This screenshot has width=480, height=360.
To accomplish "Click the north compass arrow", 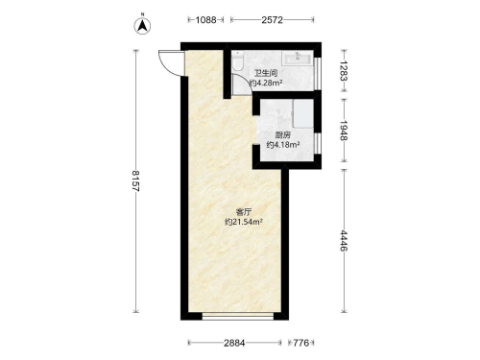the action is [x=142, y=26].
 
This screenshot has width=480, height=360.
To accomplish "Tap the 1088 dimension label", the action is [x=205, y=20].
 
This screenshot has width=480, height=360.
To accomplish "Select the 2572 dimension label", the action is [x=272, y=20].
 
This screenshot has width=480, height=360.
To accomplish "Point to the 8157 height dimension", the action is [x=135, y=180].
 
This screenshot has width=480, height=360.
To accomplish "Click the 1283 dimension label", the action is [x=344, y=71].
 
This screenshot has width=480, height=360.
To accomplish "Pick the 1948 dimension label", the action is [x=344, y=131].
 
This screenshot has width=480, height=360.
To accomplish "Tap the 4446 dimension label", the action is [x=344, y=241].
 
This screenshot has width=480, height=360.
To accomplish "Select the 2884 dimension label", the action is [x=234, y=343].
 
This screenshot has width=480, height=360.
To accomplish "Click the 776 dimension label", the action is [x=301, y=343].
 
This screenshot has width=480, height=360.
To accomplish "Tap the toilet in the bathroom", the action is [x=238, y=60].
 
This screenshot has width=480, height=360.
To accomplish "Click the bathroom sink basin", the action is [x=298, y=59].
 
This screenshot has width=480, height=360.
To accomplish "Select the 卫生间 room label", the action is [x=266, y=73].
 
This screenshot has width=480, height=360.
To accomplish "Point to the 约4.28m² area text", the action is [x=266, y=84].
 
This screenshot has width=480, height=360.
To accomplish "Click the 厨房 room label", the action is [x=283, y=135].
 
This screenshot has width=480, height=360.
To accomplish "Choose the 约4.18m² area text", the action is [x=283, y=145].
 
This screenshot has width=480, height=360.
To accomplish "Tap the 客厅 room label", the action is [x=244, y=212].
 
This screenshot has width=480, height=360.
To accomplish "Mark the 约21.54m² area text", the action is [x=244, y=222].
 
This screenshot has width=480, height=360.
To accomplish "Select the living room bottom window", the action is [x=238, y=317].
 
